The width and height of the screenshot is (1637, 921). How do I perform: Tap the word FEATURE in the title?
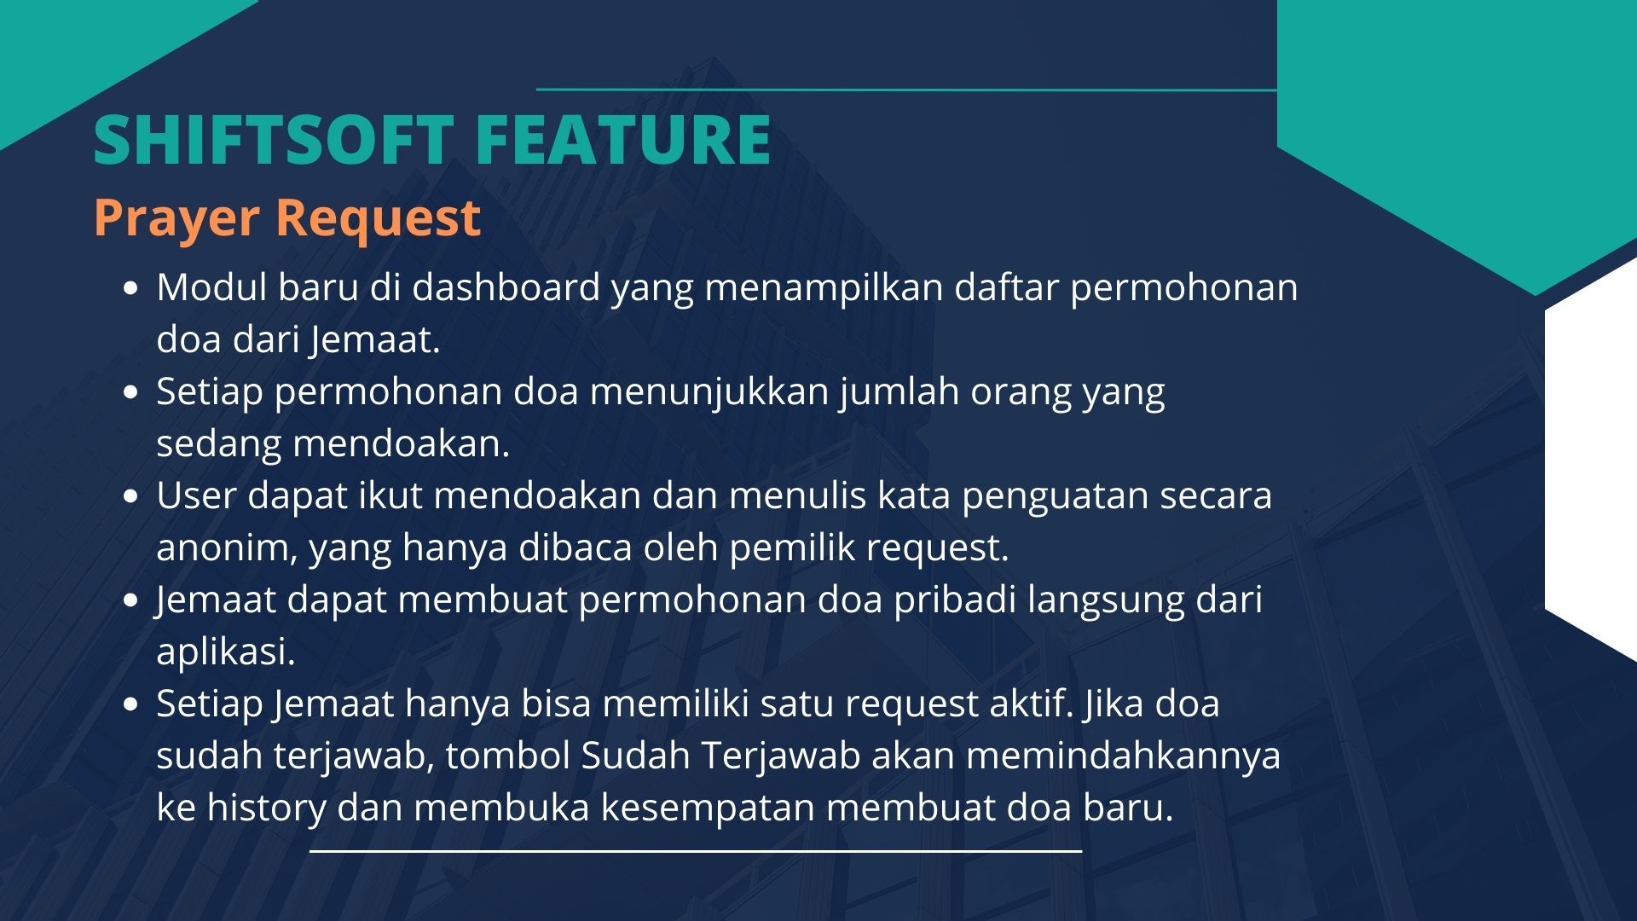click(x=623, y=139)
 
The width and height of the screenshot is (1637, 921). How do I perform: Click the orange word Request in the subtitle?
click(x=379, y=218)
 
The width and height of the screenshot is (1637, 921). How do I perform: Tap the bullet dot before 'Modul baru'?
click(x=130, y=289)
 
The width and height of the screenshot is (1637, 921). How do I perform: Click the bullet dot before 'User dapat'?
click(x=130, y=497)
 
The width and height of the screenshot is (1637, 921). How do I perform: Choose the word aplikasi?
click(x=226, y=652)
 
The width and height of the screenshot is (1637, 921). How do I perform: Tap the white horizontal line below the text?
click(x=696, y=851)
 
